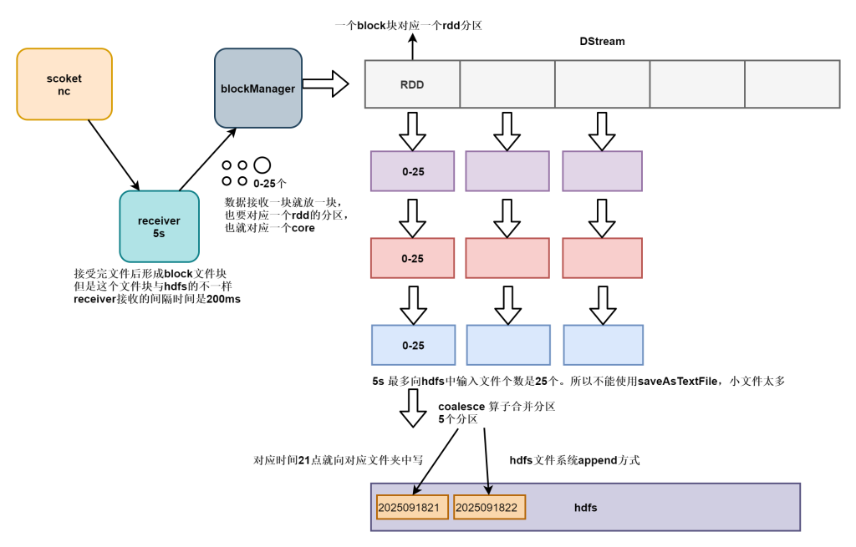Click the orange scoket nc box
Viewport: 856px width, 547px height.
pyautogui.click(x=64, y=84)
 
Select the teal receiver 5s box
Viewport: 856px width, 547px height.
pyautogui.click(x=159, y=226)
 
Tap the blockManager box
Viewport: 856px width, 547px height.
pyautogui.click(x=257, y=88)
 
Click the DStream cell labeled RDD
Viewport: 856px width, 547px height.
pyautogui.click(x=413, y=84)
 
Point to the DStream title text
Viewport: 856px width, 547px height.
pyautogui.click(x=602, y=41)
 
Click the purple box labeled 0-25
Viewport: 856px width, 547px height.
pyautogui.click(x=413, y=171)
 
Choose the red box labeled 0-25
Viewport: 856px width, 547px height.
pyautogui.click(x=413, y=259)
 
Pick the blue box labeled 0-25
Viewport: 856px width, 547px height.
pyautogui.click(x=413, y=346)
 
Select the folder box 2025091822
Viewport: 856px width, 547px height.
pyautogui.click(x=490, y=507)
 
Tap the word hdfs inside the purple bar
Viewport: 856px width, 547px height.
pyautogui.click(x=585, y=507)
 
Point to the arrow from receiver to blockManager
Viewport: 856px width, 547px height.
pyautogui.click(x=206, y=159)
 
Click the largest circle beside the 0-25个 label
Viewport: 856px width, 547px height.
pyautogui.click(x=262, y=165)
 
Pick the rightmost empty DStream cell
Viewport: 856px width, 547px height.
pyautogui.click(x=792, y=84)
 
